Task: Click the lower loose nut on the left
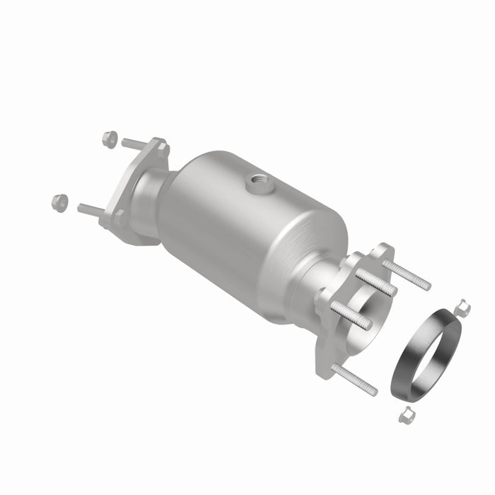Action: point(60,203)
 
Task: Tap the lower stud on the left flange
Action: point(90,210)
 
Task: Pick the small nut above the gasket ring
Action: point(463,307)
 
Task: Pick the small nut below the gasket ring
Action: point(406,416)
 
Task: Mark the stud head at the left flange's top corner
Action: point(162,149)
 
